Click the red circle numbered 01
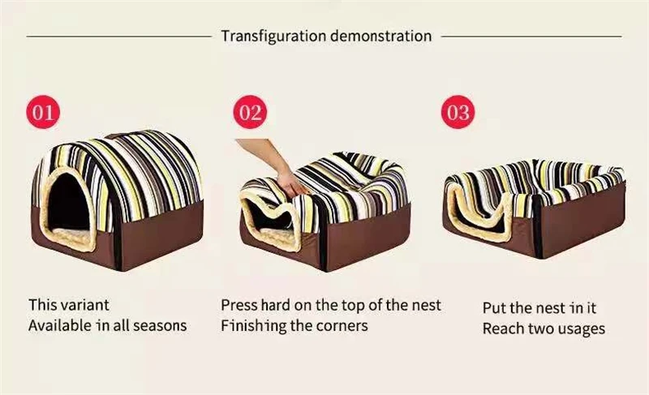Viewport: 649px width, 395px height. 43,111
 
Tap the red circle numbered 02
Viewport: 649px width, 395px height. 251,111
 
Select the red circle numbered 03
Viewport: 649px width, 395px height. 458,111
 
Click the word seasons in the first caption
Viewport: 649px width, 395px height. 161,326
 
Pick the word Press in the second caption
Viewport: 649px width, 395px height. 239,306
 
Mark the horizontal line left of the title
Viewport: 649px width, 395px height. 118,36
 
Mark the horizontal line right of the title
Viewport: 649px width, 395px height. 531,36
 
